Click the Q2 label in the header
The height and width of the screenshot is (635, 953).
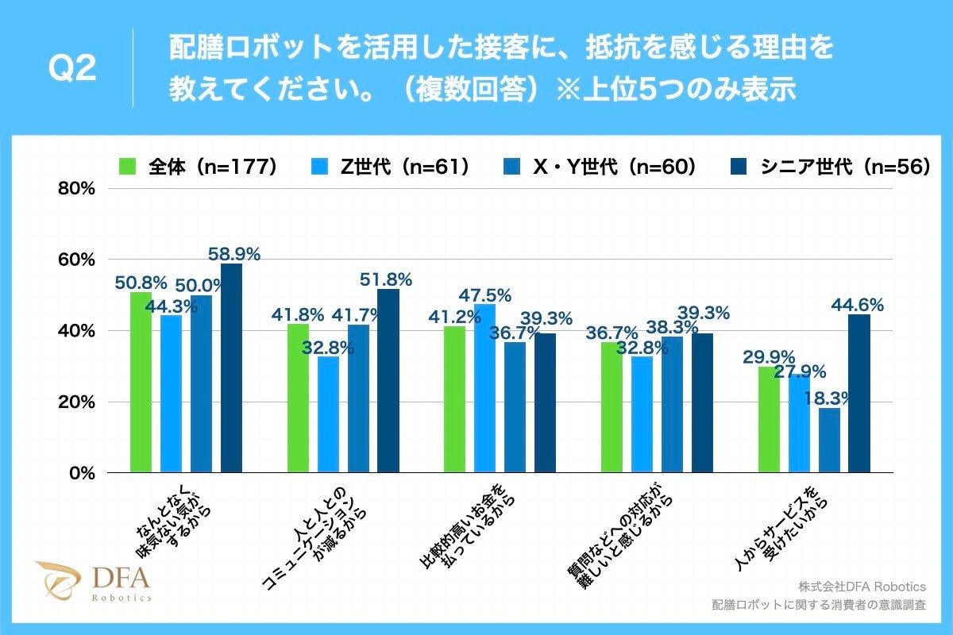coord(72,69)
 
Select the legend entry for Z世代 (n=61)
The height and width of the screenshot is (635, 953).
coord(396,167)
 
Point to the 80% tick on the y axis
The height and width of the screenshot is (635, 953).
coord(78,189)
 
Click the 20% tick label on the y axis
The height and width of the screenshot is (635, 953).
coord(78,402)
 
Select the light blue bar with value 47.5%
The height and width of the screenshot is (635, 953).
coord(484,388)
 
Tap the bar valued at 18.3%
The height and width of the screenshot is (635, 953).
coord(829,440)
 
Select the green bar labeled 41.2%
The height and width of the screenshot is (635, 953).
coord(454,399)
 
